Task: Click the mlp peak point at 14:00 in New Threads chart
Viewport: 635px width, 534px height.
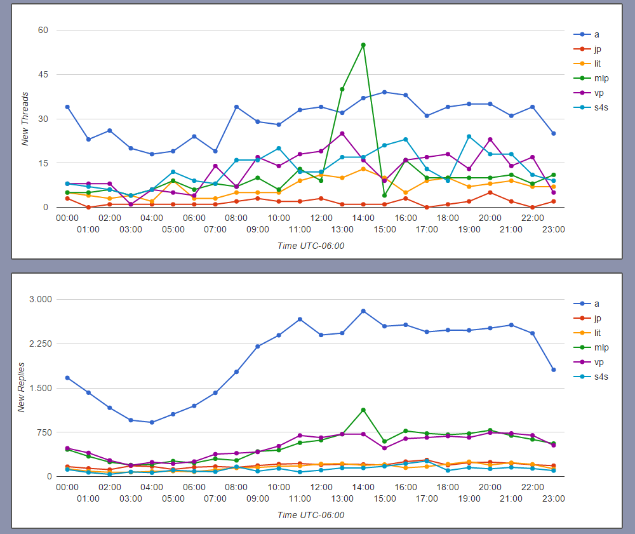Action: pos(363,45)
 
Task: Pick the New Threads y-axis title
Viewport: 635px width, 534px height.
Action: pos(25,119)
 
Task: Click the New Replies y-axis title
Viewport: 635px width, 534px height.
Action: pos(21,388)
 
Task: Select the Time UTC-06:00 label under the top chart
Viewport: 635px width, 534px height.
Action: pos(311,246)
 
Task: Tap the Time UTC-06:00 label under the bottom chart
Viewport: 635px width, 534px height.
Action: pos(311,515)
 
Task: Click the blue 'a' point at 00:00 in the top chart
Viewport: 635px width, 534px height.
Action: pos(67,107)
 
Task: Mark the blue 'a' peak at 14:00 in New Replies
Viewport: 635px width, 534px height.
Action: pos(363,311)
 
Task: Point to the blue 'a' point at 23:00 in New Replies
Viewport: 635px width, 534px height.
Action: pos(554,370)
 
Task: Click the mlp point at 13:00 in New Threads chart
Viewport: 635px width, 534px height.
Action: pos(342,89)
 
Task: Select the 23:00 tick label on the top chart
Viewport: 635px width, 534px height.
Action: pos(554,229)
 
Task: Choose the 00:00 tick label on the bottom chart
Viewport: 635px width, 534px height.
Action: pos(67,486)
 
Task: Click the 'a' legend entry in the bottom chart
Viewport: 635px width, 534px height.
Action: pos(596,304)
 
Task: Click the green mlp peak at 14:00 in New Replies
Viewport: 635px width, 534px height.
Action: pos(363,410)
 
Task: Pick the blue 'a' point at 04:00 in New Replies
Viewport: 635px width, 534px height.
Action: pos(152,422)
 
